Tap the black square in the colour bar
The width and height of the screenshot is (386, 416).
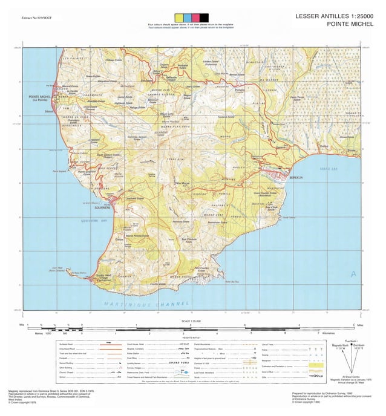[204, 17]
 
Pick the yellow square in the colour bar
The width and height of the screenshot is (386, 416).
[178, 17]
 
